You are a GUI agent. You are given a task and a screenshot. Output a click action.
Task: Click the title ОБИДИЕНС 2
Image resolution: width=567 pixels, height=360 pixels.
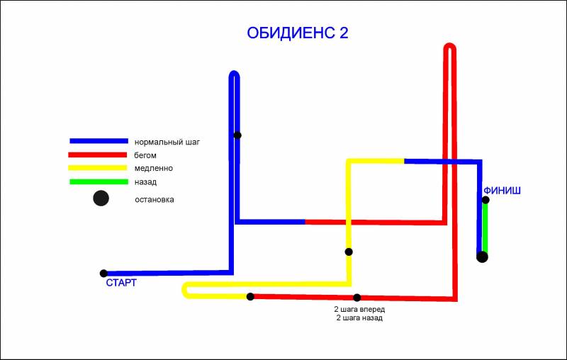tap(298, 33)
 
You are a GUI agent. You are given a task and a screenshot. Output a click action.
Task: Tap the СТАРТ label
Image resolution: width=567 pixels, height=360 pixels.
tap(120, 283)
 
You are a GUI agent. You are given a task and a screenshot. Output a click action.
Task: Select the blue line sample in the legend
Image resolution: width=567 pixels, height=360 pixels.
tap(99, 142)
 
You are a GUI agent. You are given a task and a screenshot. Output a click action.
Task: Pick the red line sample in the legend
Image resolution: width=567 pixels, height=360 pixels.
tap(99, 154)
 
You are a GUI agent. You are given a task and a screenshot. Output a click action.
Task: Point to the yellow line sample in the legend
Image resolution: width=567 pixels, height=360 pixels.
tap(99, 168)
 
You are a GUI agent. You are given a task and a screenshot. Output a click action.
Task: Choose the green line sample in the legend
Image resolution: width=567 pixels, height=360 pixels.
tap(99, 181)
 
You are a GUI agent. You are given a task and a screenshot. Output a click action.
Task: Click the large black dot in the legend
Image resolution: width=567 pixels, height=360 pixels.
tap(101, 198)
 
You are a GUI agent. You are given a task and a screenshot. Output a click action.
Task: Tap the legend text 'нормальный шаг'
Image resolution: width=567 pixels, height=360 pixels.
tap(167, 142)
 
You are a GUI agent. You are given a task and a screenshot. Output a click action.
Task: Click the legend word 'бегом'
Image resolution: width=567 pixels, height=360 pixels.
tap(145, 154)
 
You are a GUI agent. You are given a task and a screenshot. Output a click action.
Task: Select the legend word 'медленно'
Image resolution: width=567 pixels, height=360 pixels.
tap(153, 168)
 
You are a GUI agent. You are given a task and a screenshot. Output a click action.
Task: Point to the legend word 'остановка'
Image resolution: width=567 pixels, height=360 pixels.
tap(155, 199)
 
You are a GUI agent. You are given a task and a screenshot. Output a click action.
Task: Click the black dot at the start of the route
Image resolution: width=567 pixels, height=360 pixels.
tap(103, 273)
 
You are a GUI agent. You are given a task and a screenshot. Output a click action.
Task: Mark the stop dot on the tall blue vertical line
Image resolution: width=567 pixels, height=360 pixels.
tap(237, 135)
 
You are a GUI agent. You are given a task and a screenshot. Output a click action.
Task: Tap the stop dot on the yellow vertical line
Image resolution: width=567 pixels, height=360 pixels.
tap(349, 252)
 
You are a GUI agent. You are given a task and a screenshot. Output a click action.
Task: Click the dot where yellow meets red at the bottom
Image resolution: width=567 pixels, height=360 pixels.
tap(250, 296)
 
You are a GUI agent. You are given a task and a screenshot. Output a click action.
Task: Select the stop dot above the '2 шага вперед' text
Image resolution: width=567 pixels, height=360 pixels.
tap(357, 298)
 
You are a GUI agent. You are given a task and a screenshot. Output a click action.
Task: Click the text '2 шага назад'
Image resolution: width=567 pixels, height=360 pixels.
tap(359, 318)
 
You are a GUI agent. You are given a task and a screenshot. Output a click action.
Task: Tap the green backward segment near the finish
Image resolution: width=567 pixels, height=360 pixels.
tap(485, 227)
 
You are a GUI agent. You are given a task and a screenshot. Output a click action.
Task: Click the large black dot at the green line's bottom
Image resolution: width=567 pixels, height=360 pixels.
tap(482, 257)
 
